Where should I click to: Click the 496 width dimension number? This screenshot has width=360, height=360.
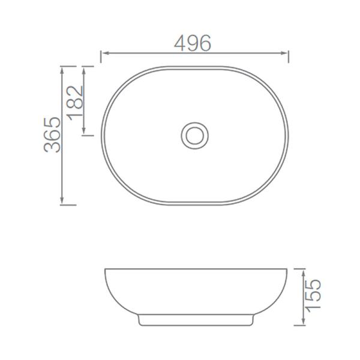coord(193,43)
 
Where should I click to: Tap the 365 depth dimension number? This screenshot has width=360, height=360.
coord(52,135)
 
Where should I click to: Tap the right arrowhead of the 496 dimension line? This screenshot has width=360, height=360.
coord(284,53)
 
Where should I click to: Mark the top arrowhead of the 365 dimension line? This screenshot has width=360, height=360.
coord(62,70)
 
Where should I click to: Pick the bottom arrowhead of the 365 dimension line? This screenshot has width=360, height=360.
coord(62,200)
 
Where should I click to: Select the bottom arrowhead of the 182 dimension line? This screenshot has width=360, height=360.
coord(84,131)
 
